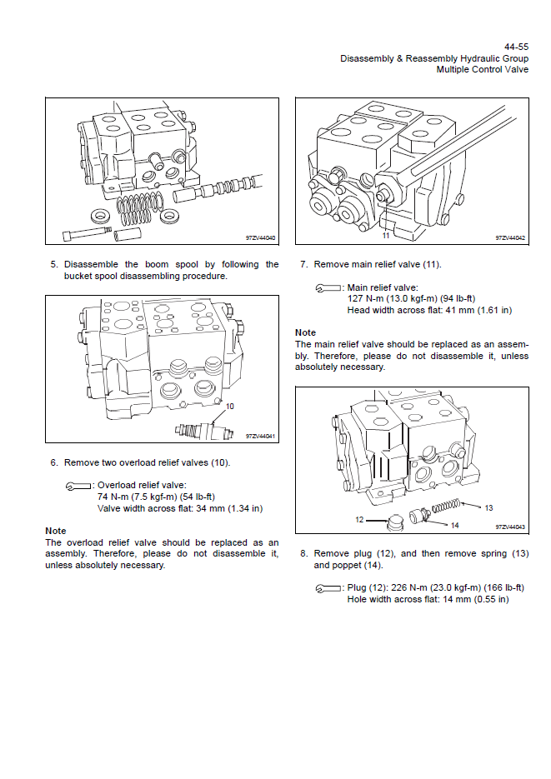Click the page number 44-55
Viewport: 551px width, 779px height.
pyautogui.click(x=517, y=47)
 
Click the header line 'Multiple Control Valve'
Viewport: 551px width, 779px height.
pyautogui.click(x=483, y=70)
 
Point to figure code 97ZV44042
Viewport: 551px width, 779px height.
pyautogui.click(x=510, y=238)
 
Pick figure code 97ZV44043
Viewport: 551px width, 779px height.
pyautogui.click(x=510, y=527)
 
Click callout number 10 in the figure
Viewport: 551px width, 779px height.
pyautogui.click(x=229, y=406)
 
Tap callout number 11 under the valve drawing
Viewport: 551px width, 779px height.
pyautogui.click(x=385, y=236)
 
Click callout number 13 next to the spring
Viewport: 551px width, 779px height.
pyautogui.click(x=488, y=507)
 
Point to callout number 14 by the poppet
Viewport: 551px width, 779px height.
pyautogui.click(x=454, y=525)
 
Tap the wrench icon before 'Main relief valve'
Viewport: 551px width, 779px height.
pyautogui.click(x=328, y=288)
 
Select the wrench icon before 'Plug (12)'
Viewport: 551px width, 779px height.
pyautogui.click(x=328, y=588)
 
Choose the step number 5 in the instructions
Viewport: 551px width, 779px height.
pyautogui.click(x=54, y=265)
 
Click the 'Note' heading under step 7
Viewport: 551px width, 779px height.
pyautogui.click(x=306, y=332)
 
